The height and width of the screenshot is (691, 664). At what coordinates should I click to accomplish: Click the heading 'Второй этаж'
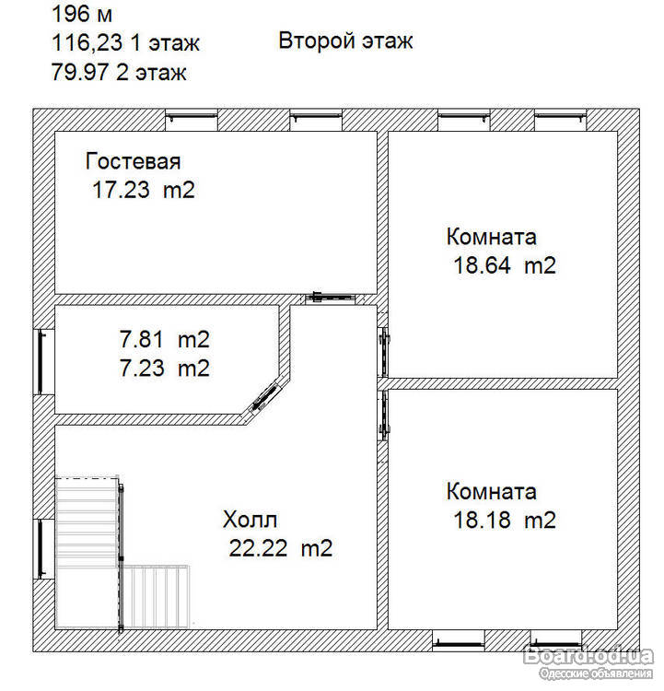(345, 41)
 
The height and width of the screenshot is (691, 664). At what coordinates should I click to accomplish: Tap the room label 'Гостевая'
(133, 161)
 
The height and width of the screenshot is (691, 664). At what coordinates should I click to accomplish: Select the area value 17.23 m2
(144, 190)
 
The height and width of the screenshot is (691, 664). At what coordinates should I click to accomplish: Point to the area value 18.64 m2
(505, 265)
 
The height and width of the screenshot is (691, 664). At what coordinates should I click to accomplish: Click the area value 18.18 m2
(505, 520)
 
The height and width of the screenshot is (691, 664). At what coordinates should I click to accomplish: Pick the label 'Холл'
(250, 520)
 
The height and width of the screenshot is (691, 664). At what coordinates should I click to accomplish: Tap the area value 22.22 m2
(281, 549)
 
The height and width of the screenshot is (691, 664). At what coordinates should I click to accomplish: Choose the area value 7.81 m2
(164, 340)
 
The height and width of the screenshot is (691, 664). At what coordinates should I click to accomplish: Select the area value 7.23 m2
(164, 368)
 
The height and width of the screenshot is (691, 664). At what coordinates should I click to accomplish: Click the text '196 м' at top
(82, 14)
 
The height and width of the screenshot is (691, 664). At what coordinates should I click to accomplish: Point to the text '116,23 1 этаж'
(125, 43)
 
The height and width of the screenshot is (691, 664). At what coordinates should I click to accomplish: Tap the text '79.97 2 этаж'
(119, 72)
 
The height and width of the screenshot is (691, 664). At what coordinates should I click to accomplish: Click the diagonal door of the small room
(266, 398)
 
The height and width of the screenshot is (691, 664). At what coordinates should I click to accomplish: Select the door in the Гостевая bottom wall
(332, 298)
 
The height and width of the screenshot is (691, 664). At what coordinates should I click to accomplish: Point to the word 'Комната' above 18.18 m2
(492, 491)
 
